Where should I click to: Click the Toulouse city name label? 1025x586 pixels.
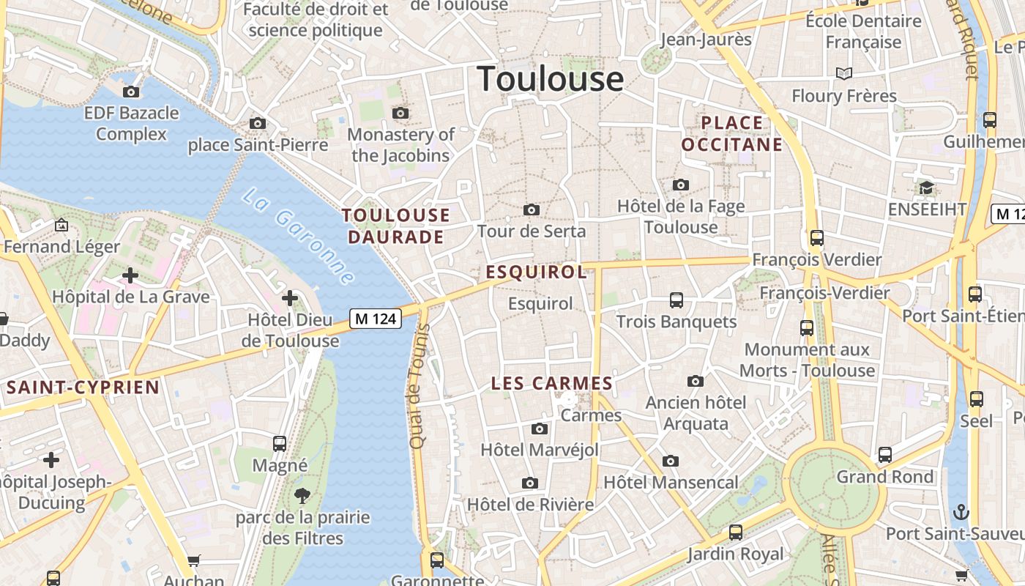pos(551,79)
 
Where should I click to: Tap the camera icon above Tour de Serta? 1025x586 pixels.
pos(532,210)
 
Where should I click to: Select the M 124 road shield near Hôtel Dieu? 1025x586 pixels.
pos(376,319)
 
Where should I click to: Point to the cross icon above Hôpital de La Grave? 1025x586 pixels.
pos(130,275)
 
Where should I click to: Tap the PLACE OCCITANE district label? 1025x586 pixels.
pos(732,133)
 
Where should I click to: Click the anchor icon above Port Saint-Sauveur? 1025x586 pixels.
pos(961,511)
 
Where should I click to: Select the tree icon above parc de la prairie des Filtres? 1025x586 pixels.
pos(302,496)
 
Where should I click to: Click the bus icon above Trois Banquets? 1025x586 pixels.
pos(676,300)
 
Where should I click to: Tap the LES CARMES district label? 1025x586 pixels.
pos(551,383)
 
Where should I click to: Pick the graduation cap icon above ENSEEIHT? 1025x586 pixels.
pos(927,188)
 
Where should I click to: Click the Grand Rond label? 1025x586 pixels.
pos(885,477)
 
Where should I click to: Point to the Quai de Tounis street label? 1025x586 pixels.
pos(418,386)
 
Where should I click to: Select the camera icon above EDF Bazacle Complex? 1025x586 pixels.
pos(131,92)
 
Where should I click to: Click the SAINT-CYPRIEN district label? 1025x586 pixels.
pos(83,387)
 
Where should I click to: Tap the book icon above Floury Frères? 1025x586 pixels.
pos(844,73)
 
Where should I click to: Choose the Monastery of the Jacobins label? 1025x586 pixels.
pos(400,145)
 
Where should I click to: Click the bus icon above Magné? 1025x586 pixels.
pos(280,443)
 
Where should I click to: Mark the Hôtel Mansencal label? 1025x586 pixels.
pos(671,483)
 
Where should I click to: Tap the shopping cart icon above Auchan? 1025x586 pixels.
pos(193,561)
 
